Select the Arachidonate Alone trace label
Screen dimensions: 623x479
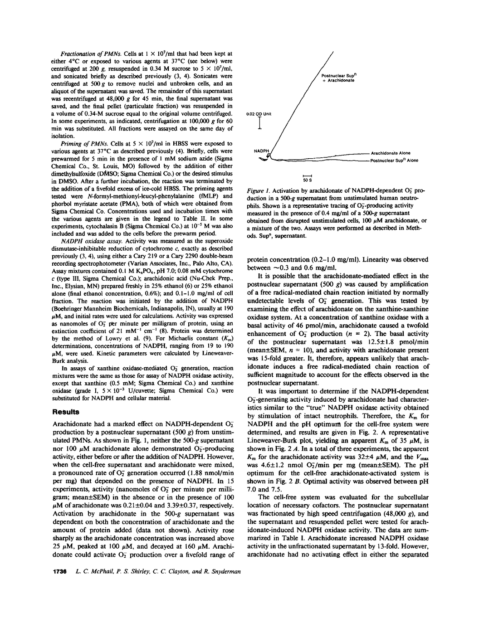(391, 153)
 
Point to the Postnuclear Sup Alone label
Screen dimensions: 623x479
(394, 161)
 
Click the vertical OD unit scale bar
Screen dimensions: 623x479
(260, 124)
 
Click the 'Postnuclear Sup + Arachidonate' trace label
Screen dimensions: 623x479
(338, 78)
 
